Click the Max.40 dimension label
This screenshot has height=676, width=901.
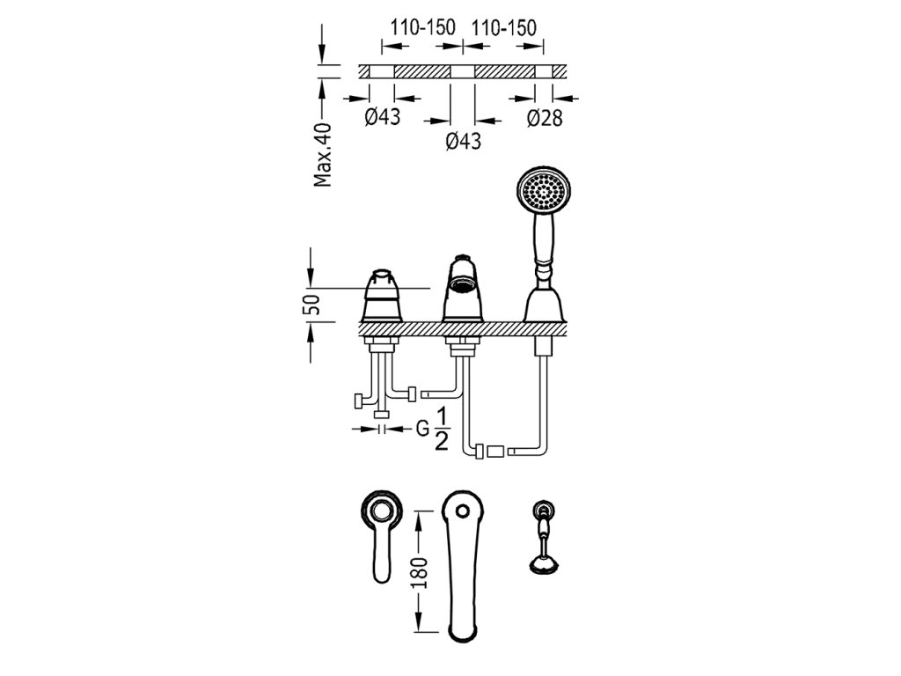[324, 155]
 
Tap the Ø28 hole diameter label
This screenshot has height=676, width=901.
[546, 118]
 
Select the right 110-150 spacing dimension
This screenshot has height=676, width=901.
[504, 28]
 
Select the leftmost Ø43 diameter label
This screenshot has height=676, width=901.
[382, 117]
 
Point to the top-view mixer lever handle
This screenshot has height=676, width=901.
[381, 546]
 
